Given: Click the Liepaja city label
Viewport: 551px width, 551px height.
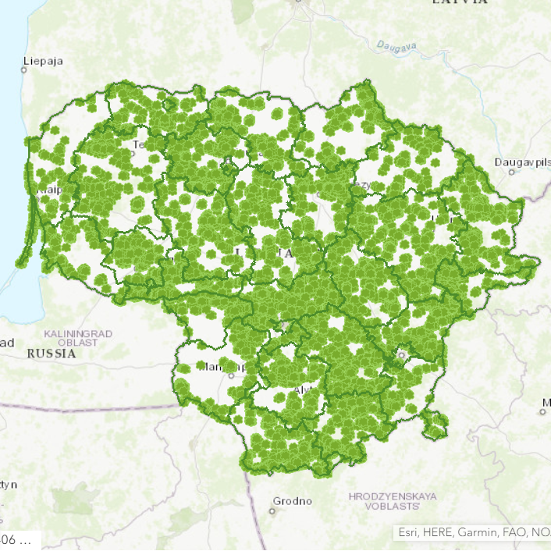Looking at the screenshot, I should [x=44, y=60].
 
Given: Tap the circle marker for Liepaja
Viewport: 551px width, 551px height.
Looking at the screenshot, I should [x=24, y=69].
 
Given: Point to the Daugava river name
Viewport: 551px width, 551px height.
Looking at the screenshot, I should [x=396, y=46].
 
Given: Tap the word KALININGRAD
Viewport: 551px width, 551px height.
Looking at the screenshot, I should [x=78, y=333].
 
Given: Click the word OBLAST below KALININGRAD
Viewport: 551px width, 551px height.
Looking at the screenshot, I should [x=77, y=343].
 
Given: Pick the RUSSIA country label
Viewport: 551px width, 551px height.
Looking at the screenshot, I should [x=52, y=353].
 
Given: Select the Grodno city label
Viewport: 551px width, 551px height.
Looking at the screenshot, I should [x=293, y=500].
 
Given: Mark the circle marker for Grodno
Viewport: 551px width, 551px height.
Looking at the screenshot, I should [x=272, y=510].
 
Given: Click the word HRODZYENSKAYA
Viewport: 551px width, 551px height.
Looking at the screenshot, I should [x=393, y=496].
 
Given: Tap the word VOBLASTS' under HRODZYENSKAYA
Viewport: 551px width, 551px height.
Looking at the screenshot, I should [x=393, y=506].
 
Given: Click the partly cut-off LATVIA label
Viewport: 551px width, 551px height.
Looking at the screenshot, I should [x=460, y=2].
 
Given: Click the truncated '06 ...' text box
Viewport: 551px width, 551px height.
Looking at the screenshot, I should [x=17, y=539].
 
